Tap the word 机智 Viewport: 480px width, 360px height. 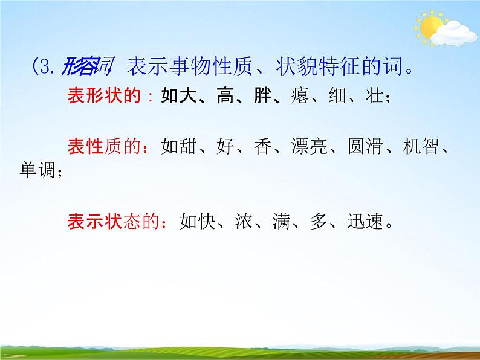(420, 147)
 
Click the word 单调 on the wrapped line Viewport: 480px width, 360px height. (38, 172)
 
